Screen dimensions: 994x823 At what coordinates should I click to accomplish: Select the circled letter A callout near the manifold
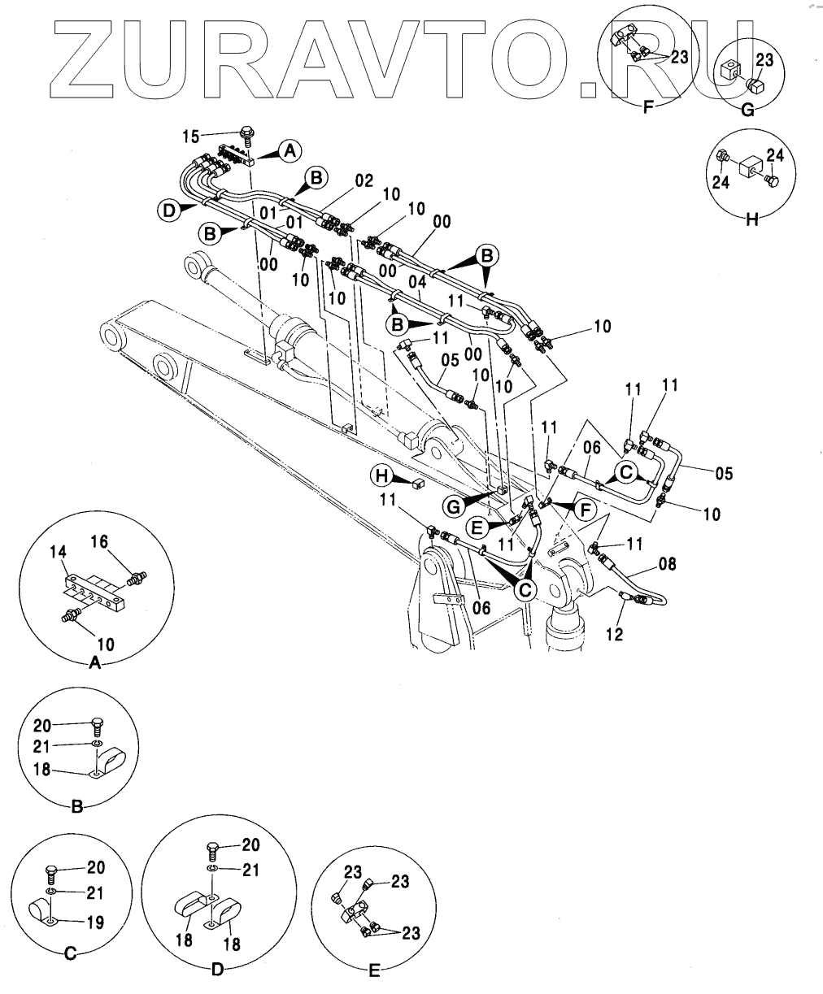[290, 149]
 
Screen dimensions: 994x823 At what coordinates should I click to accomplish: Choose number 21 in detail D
[251, 870]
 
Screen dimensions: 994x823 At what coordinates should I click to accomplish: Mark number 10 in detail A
[106, 644]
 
